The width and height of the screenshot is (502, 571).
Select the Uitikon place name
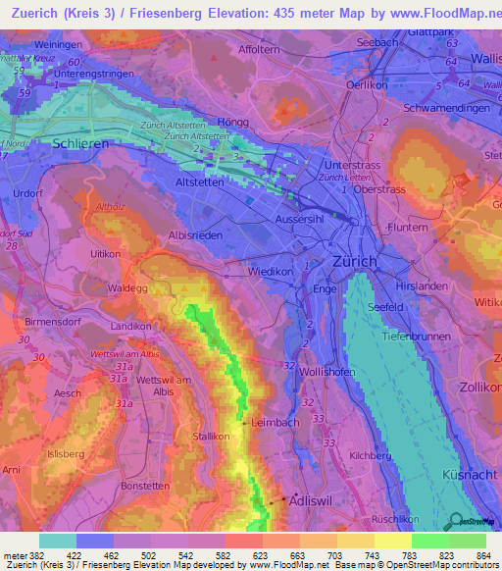(105, 254)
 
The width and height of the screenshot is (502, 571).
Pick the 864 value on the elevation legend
(483, 556)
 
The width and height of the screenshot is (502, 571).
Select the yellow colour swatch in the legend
(391, 541)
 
